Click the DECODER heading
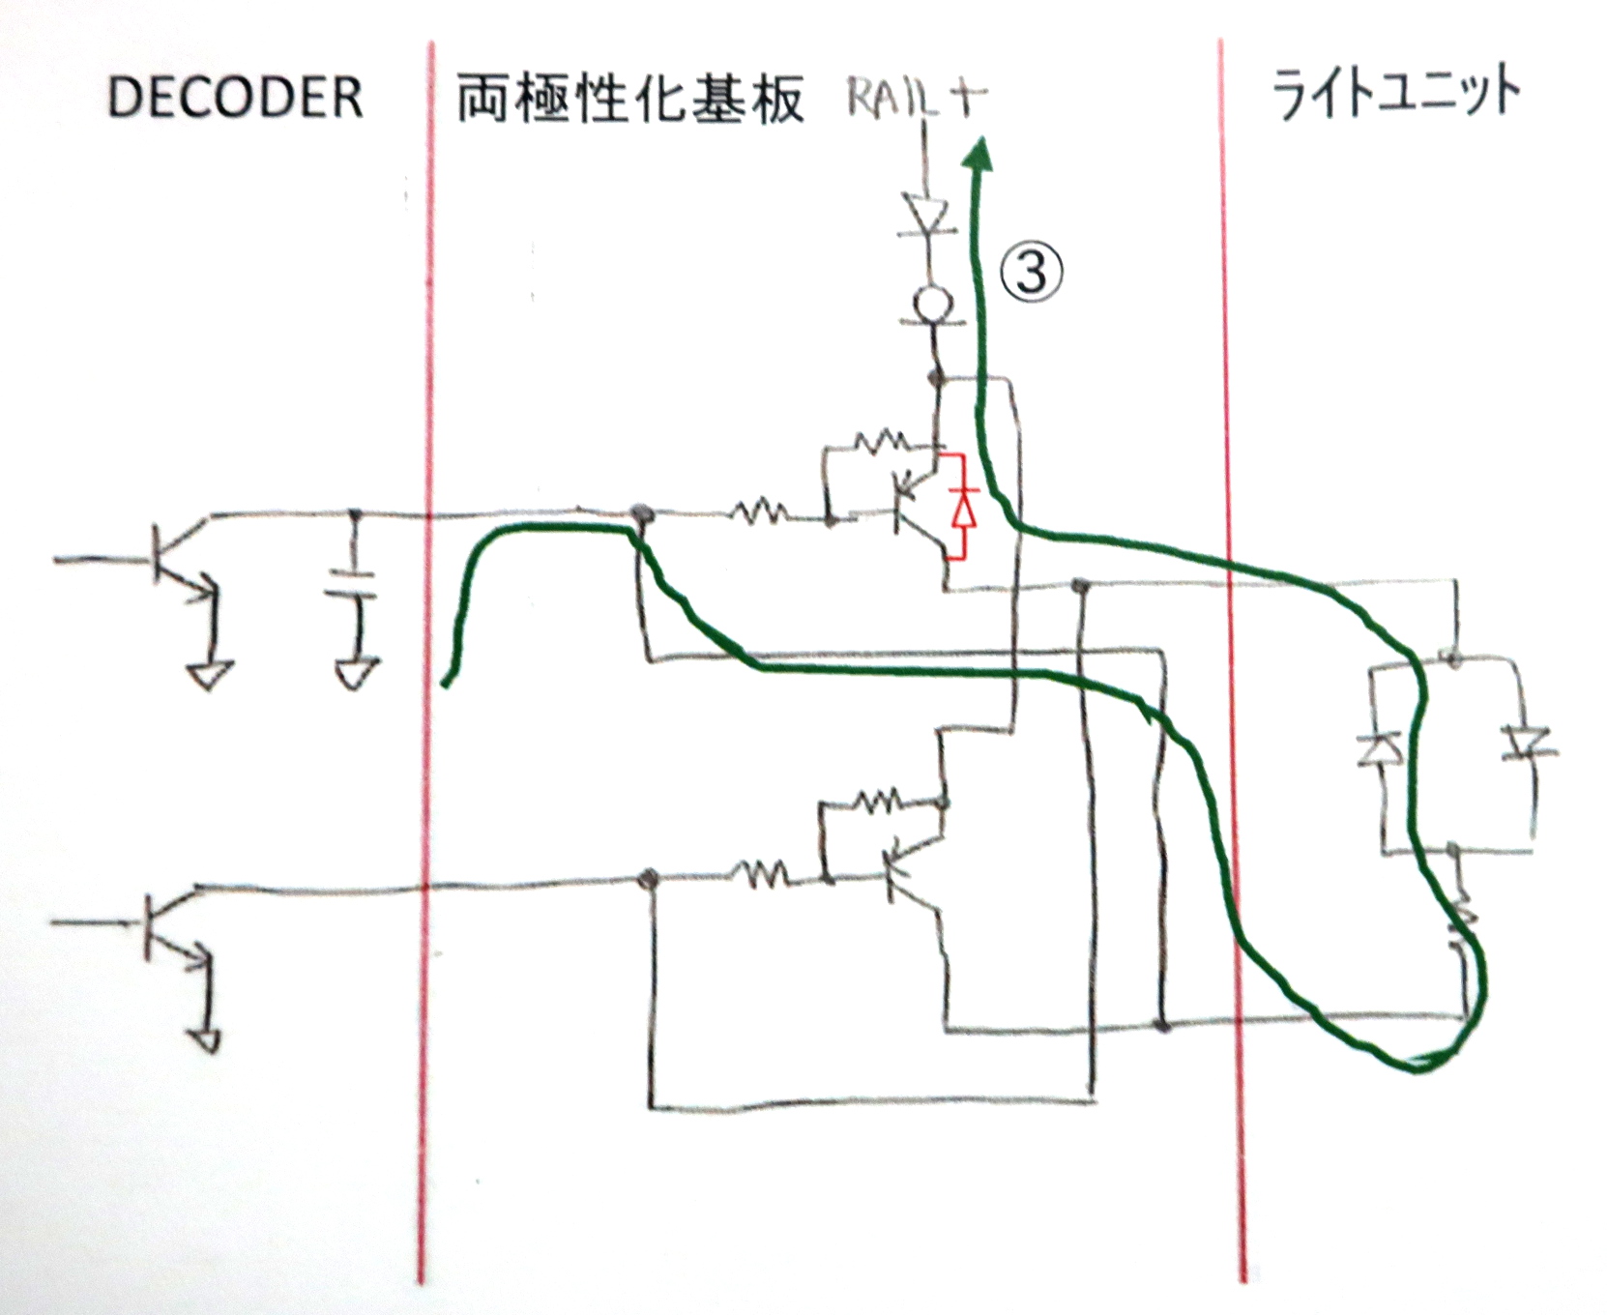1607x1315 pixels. (235, 98)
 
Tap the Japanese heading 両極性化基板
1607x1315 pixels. (629, 100)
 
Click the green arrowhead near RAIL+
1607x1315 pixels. (982, 155)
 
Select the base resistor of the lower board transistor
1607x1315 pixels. (761, 876)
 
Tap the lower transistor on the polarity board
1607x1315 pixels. (909, 870)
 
